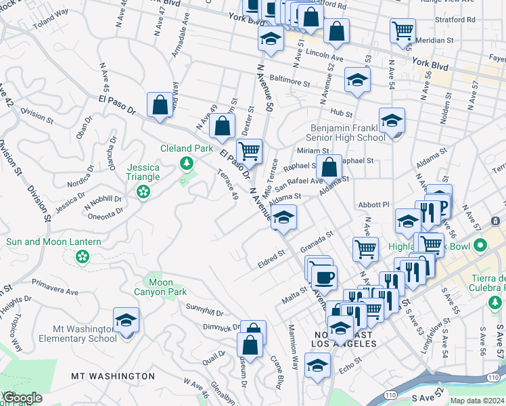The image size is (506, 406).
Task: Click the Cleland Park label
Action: click(186, 149)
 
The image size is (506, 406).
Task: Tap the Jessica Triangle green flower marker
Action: click(143, 192)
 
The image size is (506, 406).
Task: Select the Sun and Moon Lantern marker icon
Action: click(82, 256)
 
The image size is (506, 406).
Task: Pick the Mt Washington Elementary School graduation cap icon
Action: click(126, 319)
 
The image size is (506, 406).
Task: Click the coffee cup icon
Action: click(324, 276)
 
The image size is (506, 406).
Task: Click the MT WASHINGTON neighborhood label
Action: click(114, 376)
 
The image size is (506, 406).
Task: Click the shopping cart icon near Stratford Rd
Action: click(402, 30)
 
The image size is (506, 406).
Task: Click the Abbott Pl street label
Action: click(375, 204)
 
